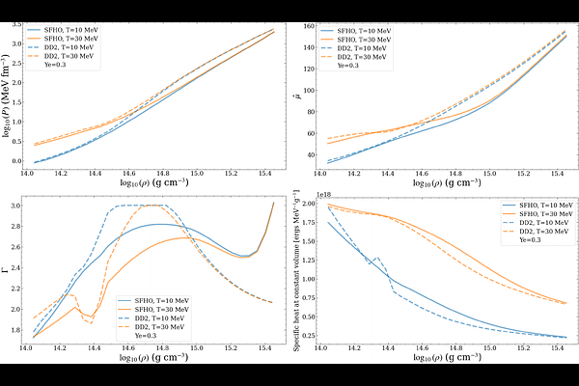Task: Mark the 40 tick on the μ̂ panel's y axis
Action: pos(310,153)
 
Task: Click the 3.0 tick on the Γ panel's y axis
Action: pos(18,206)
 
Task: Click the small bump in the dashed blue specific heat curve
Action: pos(376,258)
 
